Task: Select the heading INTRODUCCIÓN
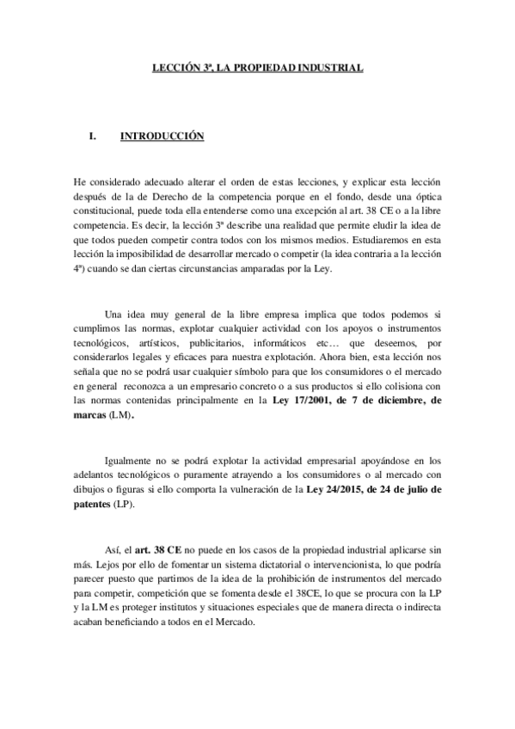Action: pyautogui.click(x=161, y=136)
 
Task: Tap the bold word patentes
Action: pyautogui.click(x=93, y=505)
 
